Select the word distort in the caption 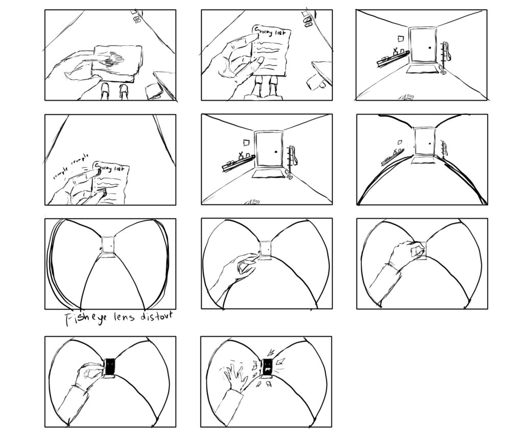click(x=155, y=316)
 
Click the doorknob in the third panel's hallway click(x=430, y=48)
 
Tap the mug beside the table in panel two click(x=314, y=82)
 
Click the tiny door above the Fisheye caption click(x=108, y=245)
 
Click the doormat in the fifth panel click(x=269, y=175)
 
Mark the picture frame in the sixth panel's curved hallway click(x=401, y=138)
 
